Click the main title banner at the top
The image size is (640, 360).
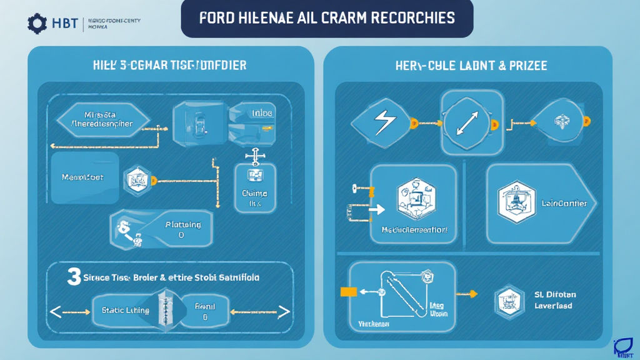click(x=327, y=17)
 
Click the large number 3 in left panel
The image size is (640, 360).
click(x=74, y=277)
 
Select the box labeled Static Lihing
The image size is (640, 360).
click(x=125, y=310)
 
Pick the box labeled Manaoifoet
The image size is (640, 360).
click(x=83, y=177)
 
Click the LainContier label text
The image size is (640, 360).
click(x=564, y=203)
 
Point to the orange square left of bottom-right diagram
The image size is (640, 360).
click(x=347, y=291)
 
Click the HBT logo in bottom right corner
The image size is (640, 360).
click(x=624, y=346)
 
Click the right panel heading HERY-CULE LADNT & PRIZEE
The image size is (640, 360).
click(x=472, y=65)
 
